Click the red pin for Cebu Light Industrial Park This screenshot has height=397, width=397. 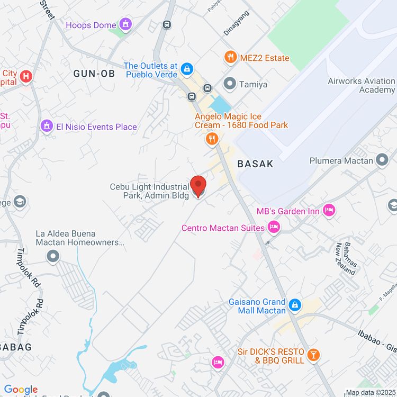pyautogui.click(x=198, y=185)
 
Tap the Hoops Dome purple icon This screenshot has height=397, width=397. pyautogui.click(x=125, y=24)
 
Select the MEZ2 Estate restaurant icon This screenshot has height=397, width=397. pyautogui.click(x=230, y=57)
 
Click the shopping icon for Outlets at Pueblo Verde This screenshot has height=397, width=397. pyautogui.click(x=186, y=69)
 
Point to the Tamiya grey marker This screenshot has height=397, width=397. pyautogui.click(x=230, y=84)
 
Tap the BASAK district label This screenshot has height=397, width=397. pyautogui.click(x=256, y=164)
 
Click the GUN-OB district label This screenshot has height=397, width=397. pyautogui.click(x=94, y=74)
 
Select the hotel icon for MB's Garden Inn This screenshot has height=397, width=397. pyautogui.click(x=329, y=211)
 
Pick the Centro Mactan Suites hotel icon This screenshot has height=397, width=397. pyautogui.click(x=274, y=228)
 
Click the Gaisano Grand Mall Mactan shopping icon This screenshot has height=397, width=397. pyautogui.click(x=295, y=305)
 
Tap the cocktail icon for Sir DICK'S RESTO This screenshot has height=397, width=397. pyautogui.click(x=313, y=355)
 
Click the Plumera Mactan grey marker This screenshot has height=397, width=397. pyautogui.click(x=382, y=160)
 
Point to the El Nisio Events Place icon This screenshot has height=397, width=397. pyautogui.click(x=47, y=127)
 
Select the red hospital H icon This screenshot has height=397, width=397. pyautogui.click(x=25, y=78)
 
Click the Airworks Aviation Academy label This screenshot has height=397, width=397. pyautogui.click(x=362, y=85)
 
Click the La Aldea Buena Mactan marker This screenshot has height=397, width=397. pyautogui.click(x=53, y=257)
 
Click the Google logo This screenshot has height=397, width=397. pyautogui.click(x=21, y=390)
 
